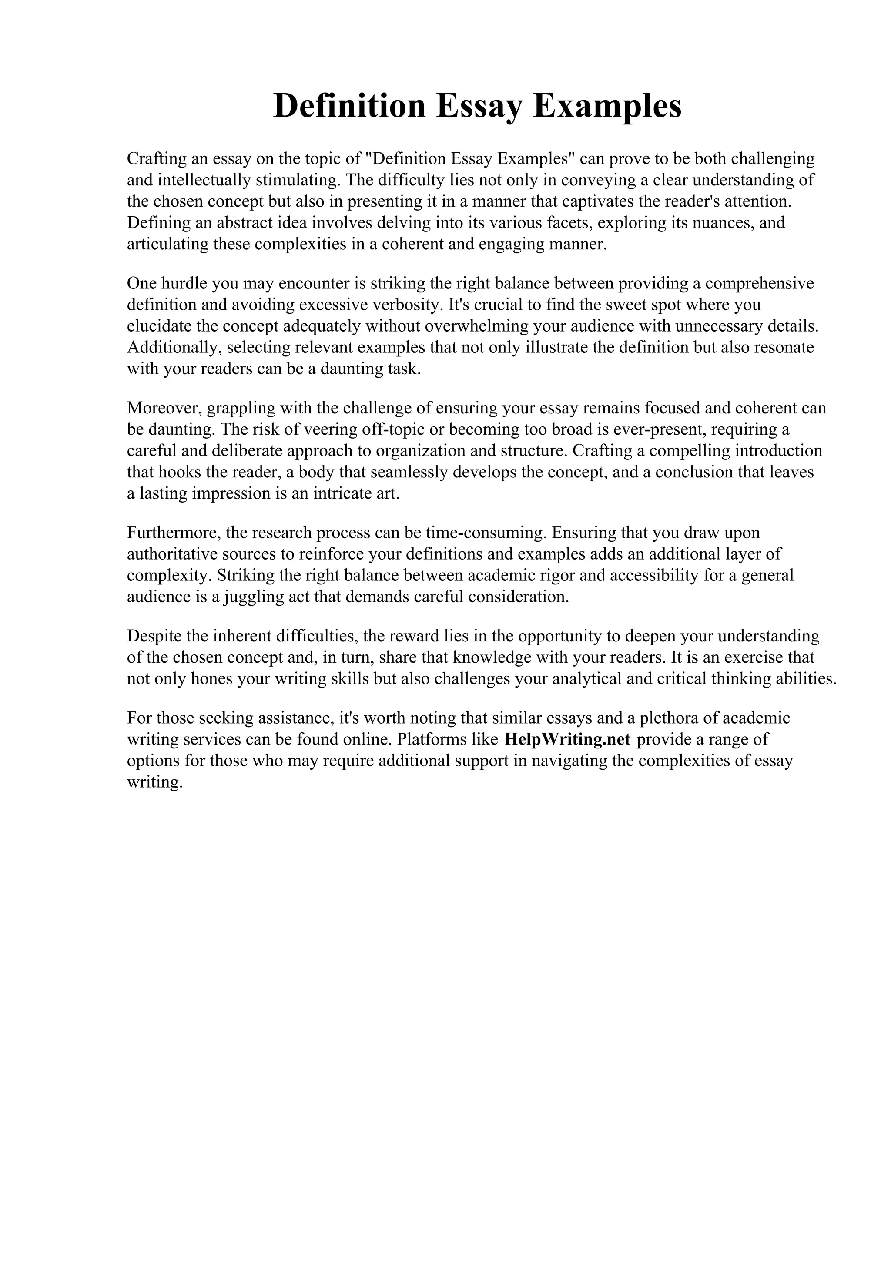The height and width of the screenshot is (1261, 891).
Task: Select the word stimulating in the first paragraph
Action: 298,180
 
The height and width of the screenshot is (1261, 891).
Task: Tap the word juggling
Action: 254,597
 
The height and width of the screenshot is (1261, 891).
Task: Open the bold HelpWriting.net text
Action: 567,739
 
